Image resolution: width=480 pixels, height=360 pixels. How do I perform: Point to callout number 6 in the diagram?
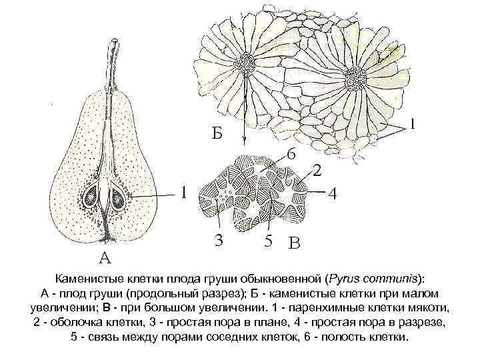coord(291,153)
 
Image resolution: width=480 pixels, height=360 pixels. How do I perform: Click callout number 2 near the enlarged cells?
coord(317,171)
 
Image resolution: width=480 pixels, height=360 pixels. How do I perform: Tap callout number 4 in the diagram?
coord(332,195)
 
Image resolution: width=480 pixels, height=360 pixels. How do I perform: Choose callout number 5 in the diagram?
coord(267,242)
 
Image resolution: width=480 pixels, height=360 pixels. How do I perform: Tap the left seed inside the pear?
coord(91,197)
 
